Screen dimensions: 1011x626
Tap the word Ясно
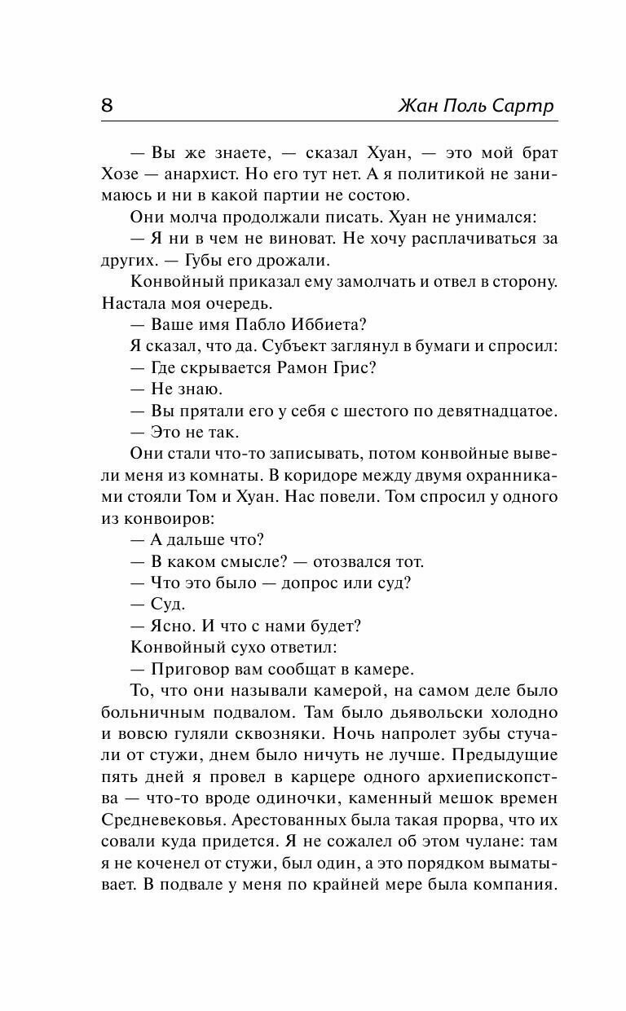[x=173, y=626]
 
